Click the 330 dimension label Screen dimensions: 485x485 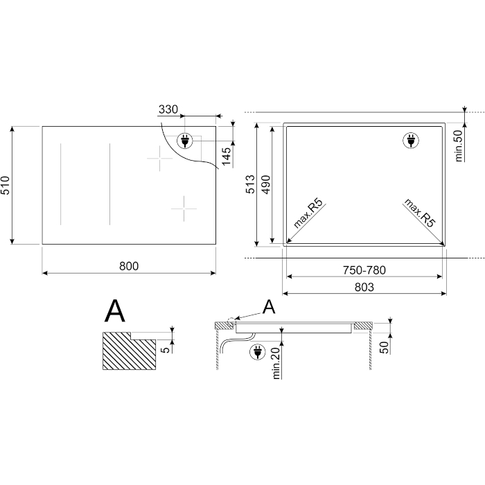point(168,109)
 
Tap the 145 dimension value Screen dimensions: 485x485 point(226,156)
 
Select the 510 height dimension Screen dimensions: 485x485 point(6,185)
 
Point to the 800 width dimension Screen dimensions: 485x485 point(129,266)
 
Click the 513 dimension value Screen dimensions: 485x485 point(250,184)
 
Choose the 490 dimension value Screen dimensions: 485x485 point(265,185)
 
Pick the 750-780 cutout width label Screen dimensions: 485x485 point(364,270)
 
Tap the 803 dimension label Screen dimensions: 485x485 point(364,288)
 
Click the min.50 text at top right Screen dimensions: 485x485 point(459,146)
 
